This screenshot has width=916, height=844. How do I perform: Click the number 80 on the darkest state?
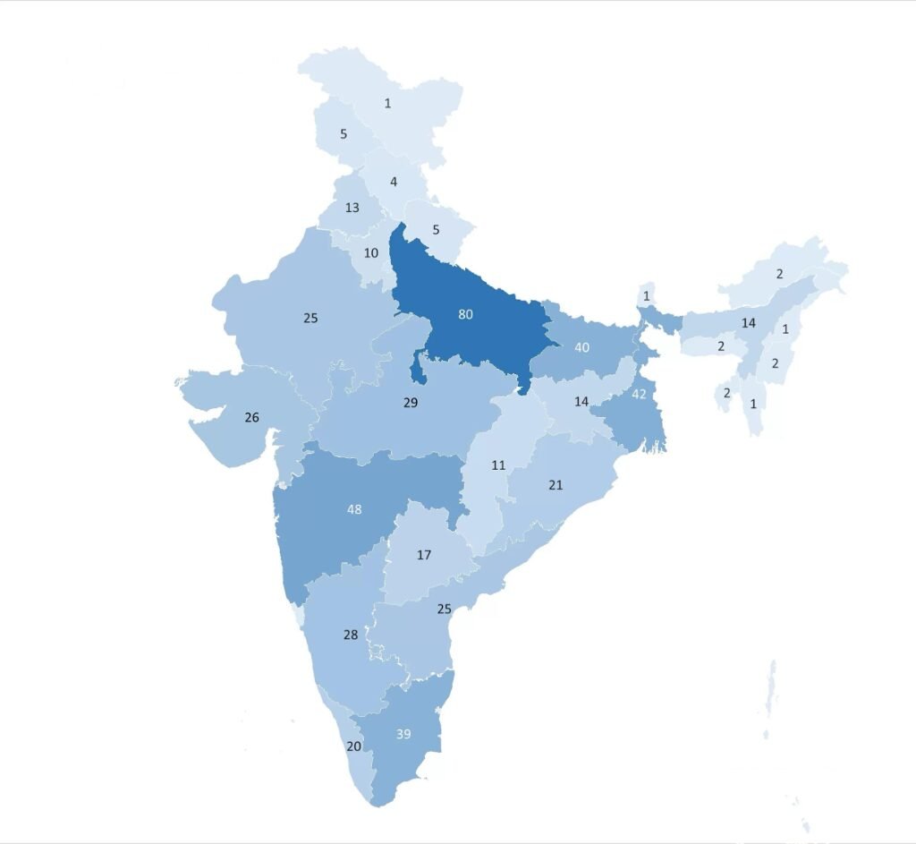465,314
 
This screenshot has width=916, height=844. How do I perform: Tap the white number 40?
581,347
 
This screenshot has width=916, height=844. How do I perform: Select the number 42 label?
639,394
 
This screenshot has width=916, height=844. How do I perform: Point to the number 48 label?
355,509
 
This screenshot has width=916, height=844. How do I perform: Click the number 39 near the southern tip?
403,734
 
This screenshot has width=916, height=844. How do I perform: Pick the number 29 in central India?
411,403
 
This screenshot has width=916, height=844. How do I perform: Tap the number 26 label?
252,417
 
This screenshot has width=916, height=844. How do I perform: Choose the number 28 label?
351,635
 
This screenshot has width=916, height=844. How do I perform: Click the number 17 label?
424,555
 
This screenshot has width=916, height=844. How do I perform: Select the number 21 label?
556,485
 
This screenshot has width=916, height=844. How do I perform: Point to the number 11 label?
498,465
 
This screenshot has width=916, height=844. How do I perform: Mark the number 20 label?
354,746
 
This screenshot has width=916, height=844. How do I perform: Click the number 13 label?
352,208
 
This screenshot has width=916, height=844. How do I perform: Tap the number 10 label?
371,252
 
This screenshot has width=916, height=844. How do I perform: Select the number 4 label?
394,183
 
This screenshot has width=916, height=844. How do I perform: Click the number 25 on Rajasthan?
310,318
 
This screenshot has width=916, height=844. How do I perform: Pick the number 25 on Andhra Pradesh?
444,609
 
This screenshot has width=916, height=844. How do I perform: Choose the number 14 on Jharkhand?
581,402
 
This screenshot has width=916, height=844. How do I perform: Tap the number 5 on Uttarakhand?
436,229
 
